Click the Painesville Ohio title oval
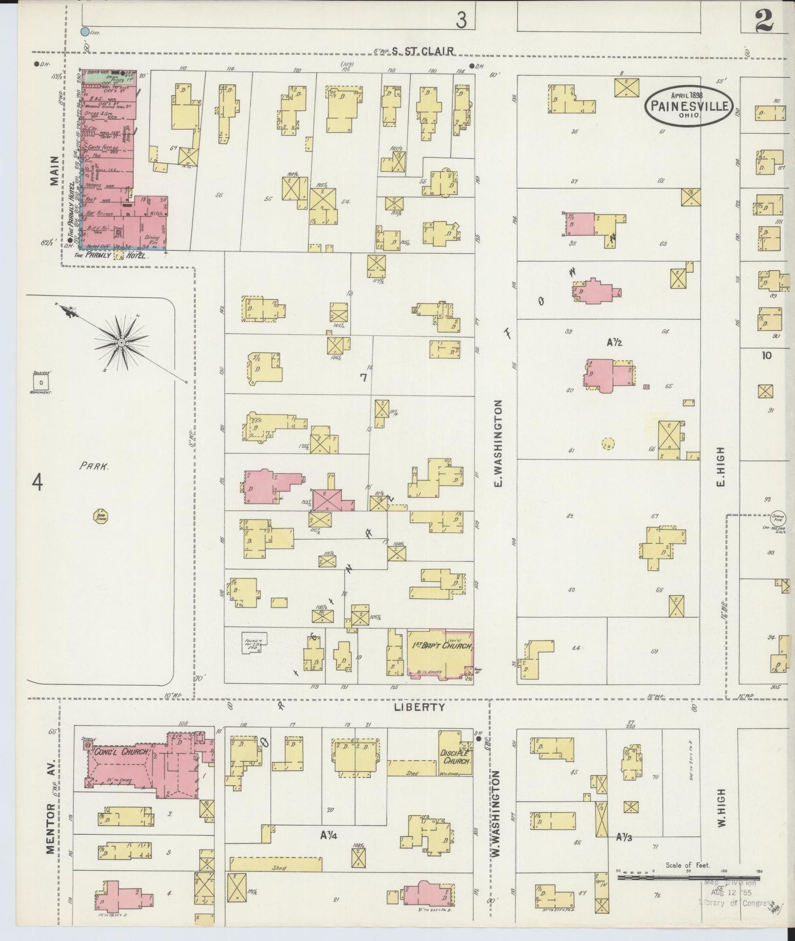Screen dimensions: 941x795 (688, 106)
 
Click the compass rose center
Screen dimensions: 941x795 (121, 343)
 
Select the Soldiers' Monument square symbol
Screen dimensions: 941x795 (41, 381)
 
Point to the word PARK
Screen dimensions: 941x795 (93, 466)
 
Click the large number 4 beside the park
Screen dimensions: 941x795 (37, 483)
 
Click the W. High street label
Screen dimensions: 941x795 (721, 809)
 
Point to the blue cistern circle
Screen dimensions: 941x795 (85, 32)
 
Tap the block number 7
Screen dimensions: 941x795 (363, 378)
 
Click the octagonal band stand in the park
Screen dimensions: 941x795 (101, 516)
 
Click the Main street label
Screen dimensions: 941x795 (54, 171)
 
